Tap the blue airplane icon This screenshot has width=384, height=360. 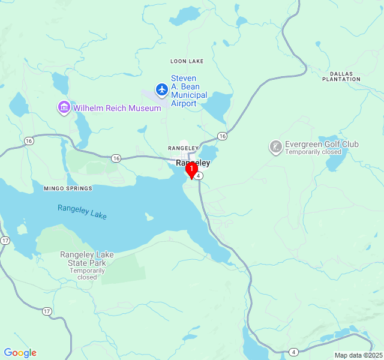(161, 90)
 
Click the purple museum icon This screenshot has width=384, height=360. (64, 108)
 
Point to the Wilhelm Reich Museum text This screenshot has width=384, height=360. (117, 108)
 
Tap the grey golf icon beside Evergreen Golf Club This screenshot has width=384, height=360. (275, 147)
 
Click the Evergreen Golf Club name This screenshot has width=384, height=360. (322, 144)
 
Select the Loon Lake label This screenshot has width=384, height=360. (187, 61)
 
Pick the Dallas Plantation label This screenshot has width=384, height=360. (341, 76)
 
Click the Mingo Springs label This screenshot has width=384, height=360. (68, 188)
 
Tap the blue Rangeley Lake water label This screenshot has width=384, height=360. (82, 212)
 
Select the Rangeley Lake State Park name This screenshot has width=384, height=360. (87, 259)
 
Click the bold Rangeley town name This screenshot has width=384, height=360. (193, 163)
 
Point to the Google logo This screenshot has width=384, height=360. (20, 353)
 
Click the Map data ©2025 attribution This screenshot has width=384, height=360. (358, 355)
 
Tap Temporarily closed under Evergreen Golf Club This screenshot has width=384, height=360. (313, 152)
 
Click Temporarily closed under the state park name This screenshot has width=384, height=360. (87, 274)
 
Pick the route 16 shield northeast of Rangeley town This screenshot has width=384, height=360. (223, 136)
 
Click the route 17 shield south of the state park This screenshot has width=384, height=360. (47, 311)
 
